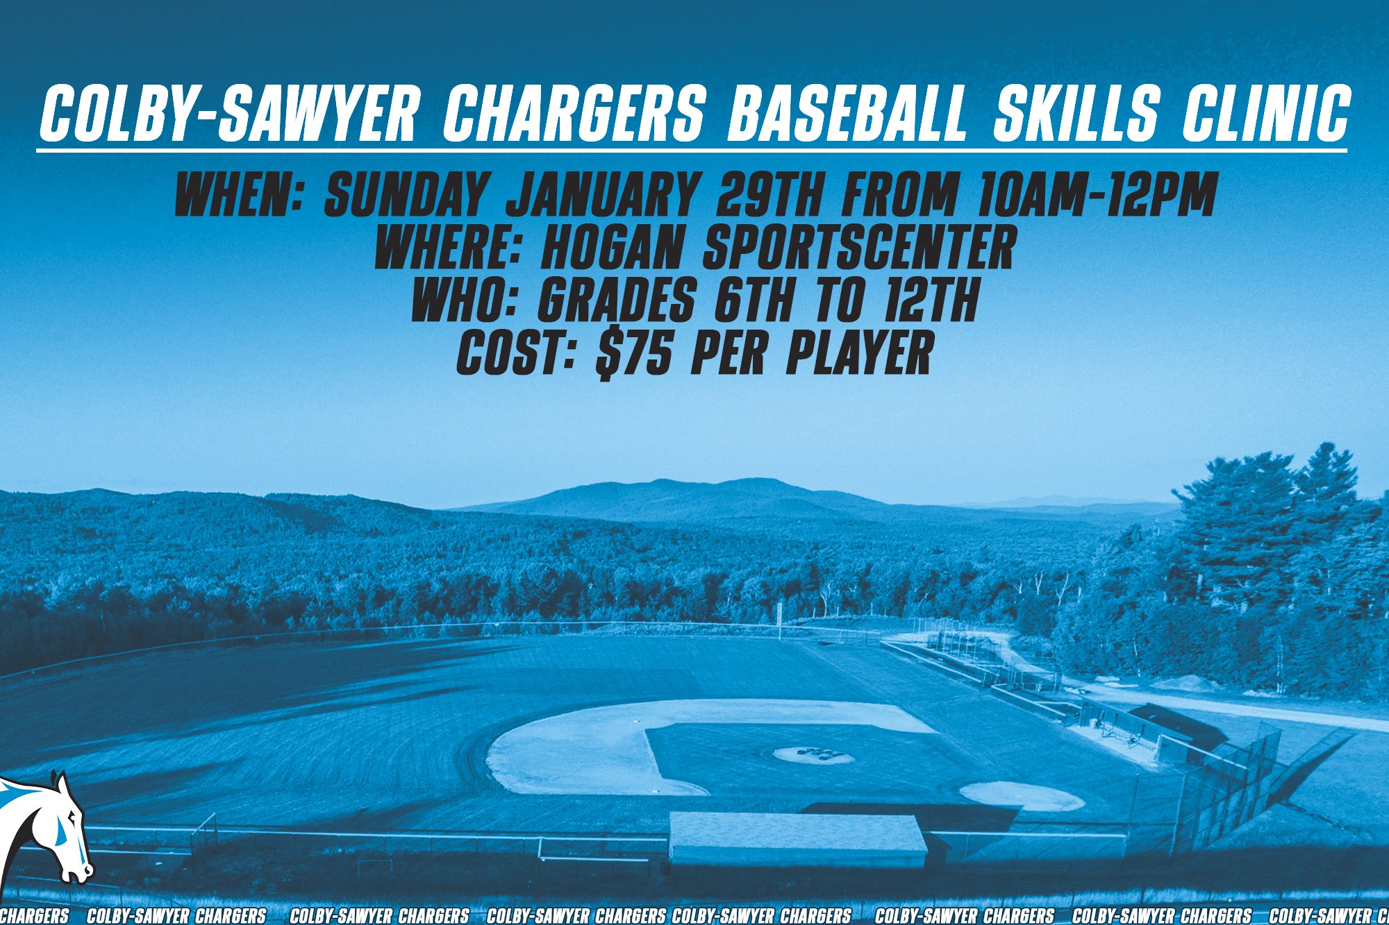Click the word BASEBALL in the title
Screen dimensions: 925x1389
click(x=846, y=113)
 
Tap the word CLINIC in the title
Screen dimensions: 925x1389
click(x=1266, y=113)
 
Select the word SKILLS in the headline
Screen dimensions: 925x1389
click(x=1076, y=113)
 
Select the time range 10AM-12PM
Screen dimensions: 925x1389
click(x=1097, y=194)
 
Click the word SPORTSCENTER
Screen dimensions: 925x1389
click(x=860, y=248)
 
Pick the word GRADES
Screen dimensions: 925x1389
click(x=617, y=300)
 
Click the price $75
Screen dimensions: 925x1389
click(x=634, y=354)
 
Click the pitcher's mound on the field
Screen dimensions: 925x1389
click(x=813, y=755)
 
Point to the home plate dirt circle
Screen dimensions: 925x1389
click(x=1021, y=796)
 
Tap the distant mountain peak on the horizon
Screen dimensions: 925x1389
click(x=747, y=482)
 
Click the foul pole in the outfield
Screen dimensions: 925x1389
click(x=781, y=620)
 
